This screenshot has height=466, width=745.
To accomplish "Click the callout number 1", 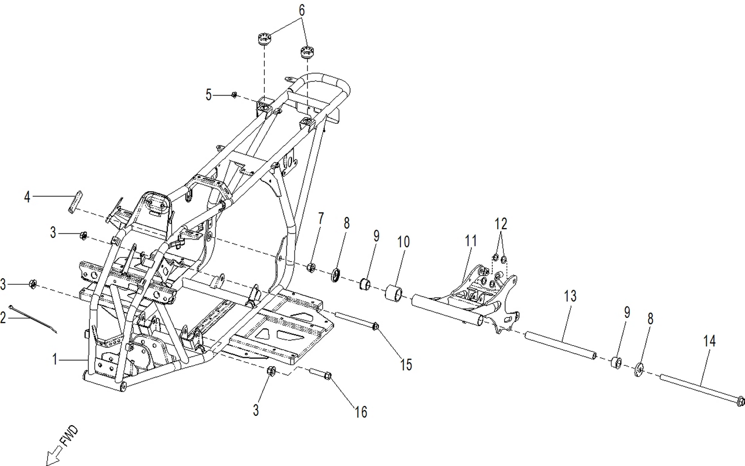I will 56,359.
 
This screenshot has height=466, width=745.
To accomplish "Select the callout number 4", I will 27,197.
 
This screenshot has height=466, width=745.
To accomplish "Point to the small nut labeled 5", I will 234,95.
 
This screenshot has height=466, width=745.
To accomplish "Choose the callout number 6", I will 301,10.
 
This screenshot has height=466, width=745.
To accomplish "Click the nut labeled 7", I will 311,268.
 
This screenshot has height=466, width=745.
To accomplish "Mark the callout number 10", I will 403,242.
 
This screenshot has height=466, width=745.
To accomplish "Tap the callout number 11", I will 470,241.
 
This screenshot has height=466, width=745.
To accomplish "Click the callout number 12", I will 501,224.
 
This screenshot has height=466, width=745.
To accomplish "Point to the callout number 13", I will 570,297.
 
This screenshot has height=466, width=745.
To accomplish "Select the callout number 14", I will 709,341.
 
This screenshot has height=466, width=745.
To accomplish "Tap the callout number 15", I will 406,365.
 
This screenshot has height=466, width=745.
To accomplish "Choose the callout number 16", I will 361,412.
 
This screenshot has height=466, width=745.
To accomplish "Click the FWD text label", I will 69,436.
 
